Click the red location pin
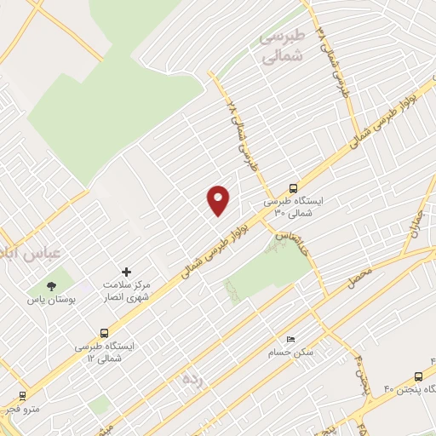[x=218, y=199]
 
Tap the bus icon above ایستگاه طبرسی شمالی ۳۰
[x=293, y=188]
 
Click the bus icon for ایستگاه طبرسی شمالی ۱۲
[x=105, y=333]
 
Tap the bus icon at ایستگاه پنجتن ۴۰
[x=418, y=376]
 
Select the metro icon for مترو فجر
[x=21, y=395]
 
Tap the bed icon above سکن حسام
[x=290, y=339]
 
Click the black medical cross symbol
[x=128, y=271]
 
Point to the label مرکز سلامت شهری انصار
[x=126, y=290]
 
